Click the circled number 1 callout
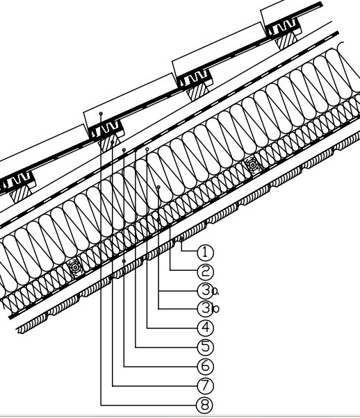[x=205, y=252]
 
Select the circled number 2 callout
[x=205, y=272]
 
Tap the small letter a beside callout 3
[x=215, y=292]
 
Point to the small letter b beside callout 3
[x=215, y=309]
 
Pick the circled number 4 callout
[x=205, y=328]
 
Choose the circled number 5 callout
[x=205, y=346]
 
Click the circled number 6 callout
[x=205, y=367]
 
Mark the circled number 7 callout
[x=205, y=386]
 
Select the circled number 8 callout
[x=205, y=406]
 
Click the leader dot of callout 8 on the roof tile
[x=101, y=114]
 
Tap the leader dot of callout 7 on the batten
[x=113, y=142]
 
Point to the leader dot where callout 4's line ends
[x=147, y=149]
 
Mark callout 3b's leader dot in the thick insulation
[x=158, y=187]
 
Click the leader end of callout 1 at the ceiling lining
[x=181, y=239]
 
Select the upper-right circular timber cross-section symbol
[x=252, y=165]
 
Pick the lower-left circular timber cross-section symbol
[x=75, y=267]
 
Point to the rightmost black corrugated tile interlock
[x=284, y=27]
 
